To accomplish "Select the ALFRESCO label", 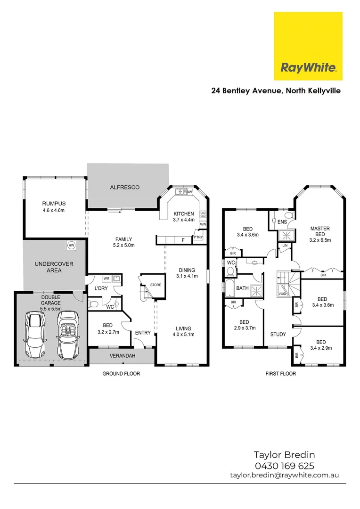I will click(124, 187).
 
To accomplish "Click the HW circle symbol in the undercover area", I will click(71, 245).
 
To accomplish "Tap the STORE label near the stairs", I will click(155, 285).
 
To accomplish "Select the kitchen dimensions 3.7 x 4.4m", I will click(184, 220).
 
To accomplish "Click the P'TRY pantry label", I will click(198, 237).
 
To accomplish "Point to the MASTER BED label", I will click(320, 231).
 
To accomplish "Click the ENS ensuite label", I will click(282, 222).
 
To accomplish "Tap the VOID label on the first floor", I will click(282, 294).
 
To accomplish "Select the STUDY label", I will click(278, 335).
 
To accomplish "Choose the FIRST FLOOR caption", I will click(280, 374).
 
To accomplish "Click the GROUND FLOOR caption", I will click(121, 374).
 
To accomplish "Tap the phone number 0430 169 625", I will click(284, 466).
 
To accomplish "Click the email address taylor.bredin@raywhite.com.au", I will click(284, 476).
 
